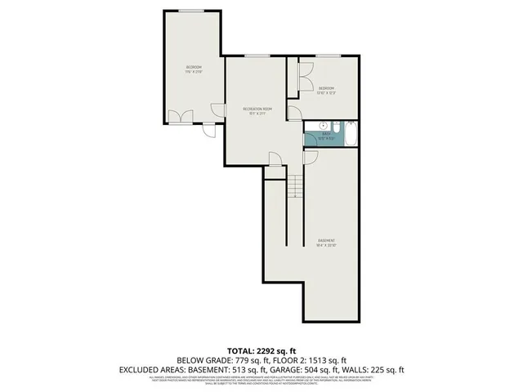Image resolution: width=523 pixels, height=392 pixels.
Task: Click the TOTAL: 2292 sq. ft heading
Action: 261,350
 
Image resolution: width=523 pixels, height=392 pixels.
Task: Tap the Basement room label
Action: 327,243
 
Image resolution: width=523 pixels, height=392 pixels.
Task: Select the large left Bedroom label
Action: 193,69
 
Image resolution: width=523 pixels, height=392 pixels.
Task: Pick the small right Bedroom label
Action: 327,90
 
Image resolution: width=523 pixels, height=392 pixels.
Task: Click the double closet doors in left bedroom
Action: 179,116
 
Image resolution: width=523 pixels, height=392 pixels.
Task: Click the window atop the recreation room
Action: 257,56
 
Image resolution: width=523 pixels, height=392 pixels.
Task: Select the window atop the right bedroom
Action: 329,56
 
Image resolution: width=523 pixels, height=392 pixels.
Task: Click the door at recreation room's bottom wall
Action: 275,160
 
